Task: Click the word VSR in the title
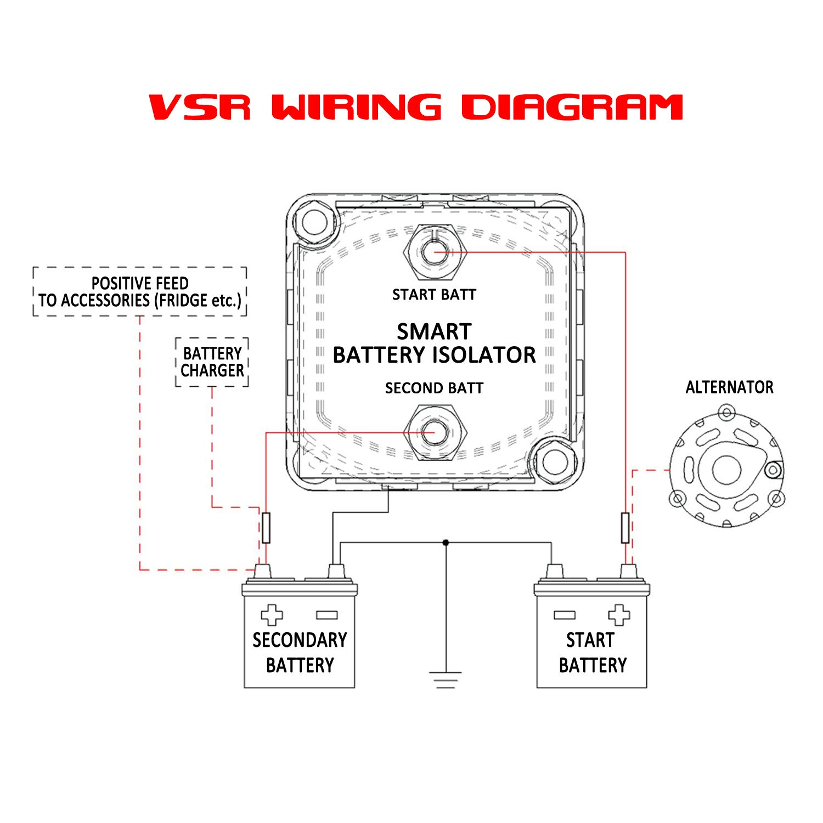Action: (x=200, y=107)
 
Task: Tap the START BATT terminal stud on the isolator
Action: (x=434, y=252)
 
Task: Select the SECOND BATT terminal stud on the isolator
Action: (x=434, y=432)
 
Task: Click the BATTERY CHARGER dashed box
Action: (x=212, y=362)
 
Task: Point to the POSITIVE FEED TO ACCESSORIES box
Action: (x=140, y=292)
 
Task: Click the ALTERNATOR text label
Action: (x=729, y=387)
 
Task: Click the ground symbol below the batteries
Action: (x=446, y=679)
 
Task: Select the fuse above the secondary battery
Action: (x=266, y=528)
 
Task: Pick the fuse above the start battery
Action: (x=625, y=528)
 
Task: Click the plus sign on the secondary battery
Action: (x=272, y=615)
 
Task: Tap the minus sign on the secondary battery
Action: (x=326, y=615)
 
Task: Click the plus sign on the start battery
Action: (x=619, y=615)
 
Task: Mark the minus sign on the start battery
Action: (x=565, y=615)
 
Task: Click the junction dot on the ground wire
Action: (x=446, y=543)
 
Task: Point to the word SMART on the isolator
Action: (x=434, y=332)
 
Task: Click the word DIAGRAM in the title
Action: (x=572, y=107)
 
